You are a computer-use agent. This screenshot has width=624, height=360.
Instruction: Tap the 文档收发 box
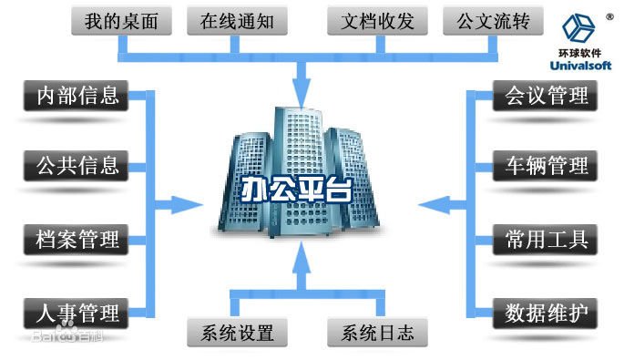point(373,21)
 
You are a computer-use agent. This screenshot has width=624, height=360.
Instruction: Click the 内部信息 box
point(77,96)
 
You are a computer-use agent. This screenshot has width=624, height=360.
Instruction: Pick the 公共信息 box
point(77,166)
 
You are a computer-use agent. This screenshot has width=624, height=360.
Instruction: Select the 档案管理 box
point(77,241)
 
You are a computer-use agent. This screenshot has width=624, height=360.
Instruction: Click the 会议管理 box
point(546,96)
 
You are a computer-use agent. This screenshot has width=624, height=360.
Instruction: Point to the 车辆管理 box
point(546,167)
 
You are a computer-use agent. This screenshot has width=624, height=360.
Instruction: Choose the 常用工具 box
point(546,241)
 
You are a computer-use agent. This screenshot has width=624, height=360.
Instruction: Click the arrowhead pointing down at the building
point(302,91)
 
